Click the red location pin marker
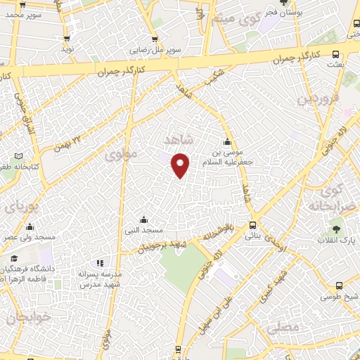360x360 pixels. tap(181, 165)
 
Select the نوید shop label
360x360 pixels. tap(67, 49)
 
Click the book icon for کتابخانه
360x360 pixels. tap(18, 155)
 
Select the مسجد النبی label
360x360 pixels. tap(144, 231)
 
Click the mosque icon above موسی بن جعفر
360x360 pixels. tap(226, 141)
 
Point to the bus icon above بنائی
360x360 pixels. tap(252, 225)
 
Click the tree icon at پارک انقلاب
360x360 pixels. tap(337, 229)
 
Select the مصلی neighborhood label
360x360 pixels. tap(288, 327)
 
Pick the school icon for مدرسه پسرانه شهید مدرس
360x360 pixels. tap(99, 264)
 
